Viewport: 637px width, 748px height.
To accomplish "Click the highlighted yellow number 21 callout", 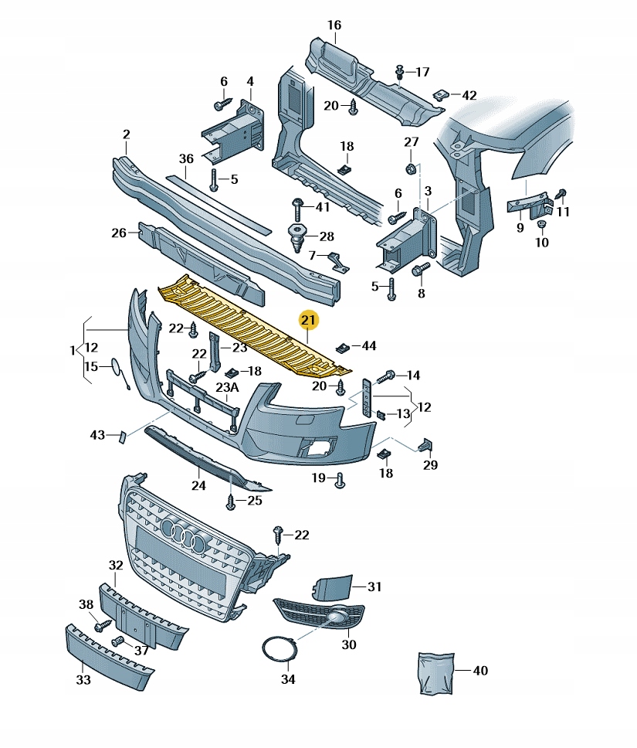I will pyautogui.click(x=309, y=320).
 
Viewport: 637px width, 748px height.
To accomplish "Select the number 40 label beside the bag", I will pyautogui.click(x=480, y=671).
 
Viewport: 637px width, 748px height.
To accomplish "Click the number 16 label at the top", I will pyautogui.click(x=334, y=25).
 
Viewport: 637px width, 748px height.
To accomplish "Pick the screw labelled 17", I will pyautogui.click(x=400, y=72).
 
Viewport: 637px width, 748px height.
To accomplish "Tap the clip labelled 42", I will pyautogui.click(x=439, y=94).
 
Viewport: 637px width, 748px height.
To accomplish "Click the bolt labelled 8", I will pyautogui.click(x=420, y=270).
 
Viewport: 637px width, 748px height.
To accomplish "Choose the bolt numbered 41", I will pyautogui.click(x=297, y=207).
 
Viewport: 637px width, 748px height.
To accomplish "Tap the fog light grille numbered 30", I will pyautogui.click(x=320, y=614).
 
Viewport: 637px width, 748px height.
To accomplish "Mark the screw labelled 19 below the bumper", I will pyautogui.click(x=339, y=481).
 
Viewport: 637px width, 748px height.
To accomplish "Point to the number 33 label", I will pyautogui.click(x=83, y=680).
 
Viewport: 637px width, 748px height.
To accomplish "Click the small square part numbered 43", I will pyautogui.click(x=121, y=437).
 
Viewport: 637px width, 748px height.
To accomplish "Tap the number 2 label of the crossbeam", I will pyautogui.click(x=126, y=134).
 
